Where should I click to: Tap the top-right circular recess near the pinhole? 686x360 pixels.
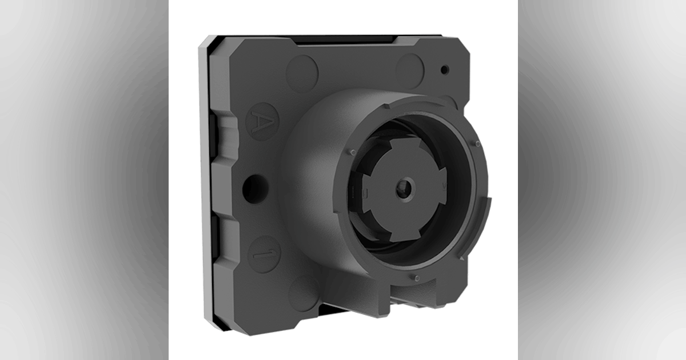tap(411, 68)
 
